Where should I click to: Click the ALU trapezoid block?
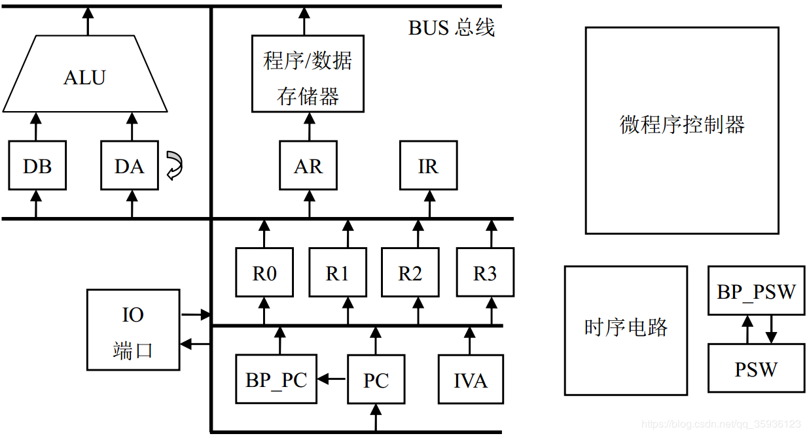click(85, 76)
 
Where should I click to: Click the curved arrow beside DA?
click(174, 165)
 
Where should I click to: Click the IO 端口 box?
click(133, 329)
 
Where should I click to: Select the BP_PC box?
click(276, 378)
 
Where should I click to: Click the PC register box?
click(376, 379)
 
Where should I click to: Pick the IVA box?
click(471, 379)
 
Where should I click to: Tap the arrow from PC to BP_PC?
click(332, 378)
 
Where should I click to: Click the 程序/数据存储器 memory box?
click(308, 74)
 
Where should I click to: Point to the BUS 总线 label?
click(452, 27)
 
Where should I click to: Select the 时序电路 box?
click(626, 330)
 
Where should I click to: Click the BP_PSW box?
click(756, 291)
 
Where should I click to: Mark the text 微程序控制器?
click(682, 124)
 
